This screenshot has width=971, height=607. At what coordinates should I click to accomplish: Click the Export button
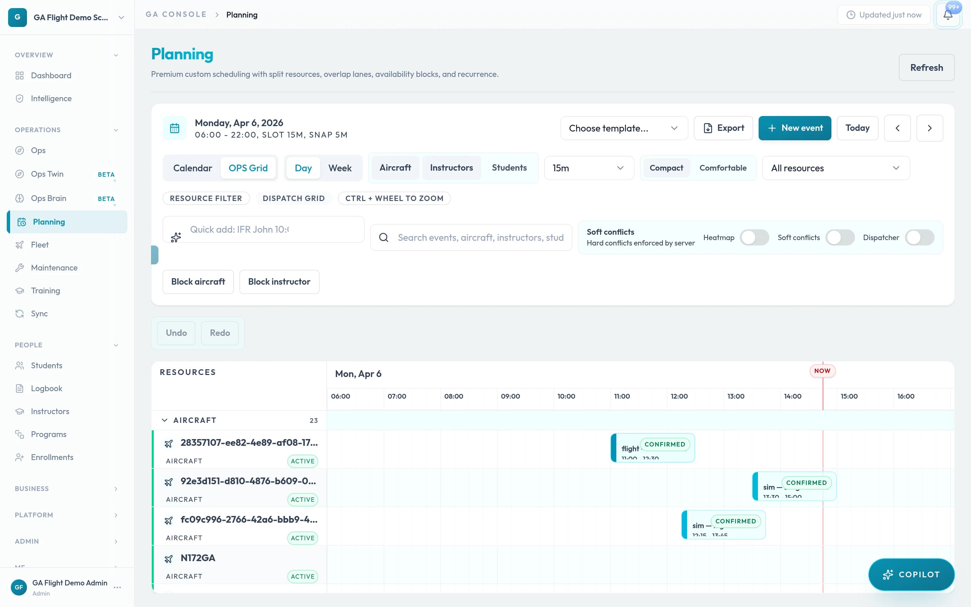tap(723, 128)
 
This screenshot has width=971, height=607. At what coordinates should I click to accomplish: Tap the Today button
tap(857, 128)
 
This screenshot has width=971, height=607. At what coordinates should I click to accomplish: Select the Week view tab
tap(340, 168)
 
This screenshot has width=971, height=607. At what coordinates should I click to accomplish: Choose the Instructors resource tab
tap(451, 168)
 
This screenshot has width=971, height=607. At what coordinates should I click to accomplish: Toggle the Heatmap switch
tap(754, 238)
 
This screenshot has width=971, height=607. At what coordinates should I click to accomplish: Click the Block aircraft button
tap(198, 282)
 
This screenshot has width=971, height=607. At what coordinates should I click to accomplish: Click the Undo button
tap(176, 333)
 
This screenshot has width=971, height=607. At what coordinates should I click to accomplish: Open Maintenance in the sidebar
tap(54, 268)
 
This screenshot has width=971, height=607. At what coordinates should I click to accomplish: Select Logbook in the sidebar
tap(47, 388)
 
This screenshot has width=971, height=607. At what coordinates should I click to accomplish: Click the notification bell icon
tap(947, 15)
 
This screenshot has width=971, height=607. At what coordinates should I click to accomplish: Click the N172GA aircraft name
tap(198, 558)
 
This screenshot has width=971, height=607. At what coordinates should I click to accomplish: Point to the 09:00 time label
tap(510, 396)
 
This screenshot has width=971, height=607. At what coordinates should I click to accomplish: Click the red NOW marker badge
tap(822, 371)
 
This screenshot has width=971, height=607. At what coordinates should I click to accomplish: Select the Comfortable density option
tap(723, 168)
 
